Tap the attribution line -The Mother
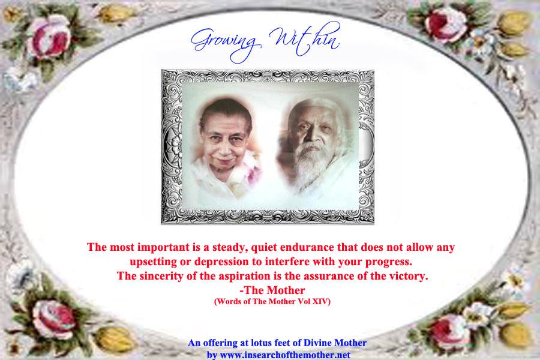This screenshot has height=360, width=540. click(x=272, y=290)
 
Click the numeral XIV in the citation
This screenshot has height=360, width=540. click(x=321, y=302)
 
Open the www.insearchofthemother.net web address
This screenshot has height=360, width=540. click(x=285, y=355)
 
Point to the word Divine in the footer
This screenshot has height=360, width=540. click(x=316, y=343)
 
